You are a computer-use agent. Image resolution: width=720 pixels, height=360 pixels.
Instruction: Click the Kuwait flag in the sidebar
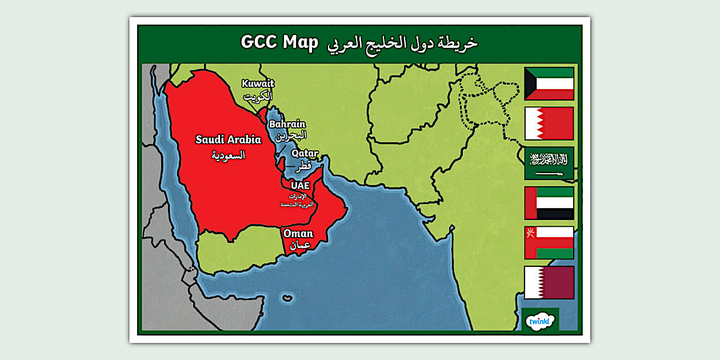tap(549, 83)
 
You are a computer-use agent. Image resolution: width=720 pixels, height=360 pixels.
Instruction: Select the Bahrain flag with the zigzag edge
tap(549, 123)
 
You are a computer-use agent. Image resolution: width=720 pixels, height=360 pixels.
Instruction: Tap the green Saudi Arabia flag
tap(549, 163)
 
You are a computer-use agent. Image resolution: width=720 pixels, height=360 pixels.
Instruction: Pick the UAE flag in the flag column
tap(549, 203)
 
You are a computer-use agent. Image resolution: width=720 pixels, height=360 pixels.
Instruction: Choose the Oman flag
tap(549, 242)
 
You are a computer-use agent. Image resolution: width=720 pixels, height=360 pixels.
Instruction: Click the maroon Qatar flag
tap(549, 282)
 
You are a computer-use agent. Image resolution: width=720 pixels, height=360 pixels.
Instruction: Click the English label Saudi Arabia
tap(228, 139)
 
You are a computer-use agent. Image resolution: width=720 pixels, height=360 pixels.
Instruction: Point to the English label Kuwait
tap(258, 83)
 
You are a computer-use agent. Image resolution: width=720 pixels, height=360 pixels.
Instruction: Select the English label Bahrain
tap(287, 124)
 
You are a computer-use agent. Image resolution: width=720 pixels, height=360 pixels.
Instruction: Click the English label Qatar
tap(305, 153)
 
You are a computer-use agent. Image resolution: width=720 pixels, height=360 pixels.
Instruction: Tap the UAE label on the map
tap(300, 186)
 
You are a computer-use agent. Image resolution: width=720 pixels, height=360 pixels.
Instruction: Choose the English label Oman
tap(298, 233)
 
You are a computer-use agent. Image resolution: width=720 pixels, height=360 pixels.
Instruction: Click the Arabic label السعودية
tap(228, 155)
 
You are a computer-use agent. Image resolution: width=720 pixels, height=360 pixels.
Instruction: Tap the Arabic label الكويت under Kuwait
tap(258, 95)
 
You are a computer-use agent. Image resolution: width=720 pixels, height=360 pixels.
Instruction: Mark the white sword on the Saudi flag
tap(549, 172)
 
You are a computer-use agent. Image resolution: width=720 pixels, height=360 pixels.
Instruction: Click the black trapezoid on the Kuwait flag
tap(530, 83)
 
